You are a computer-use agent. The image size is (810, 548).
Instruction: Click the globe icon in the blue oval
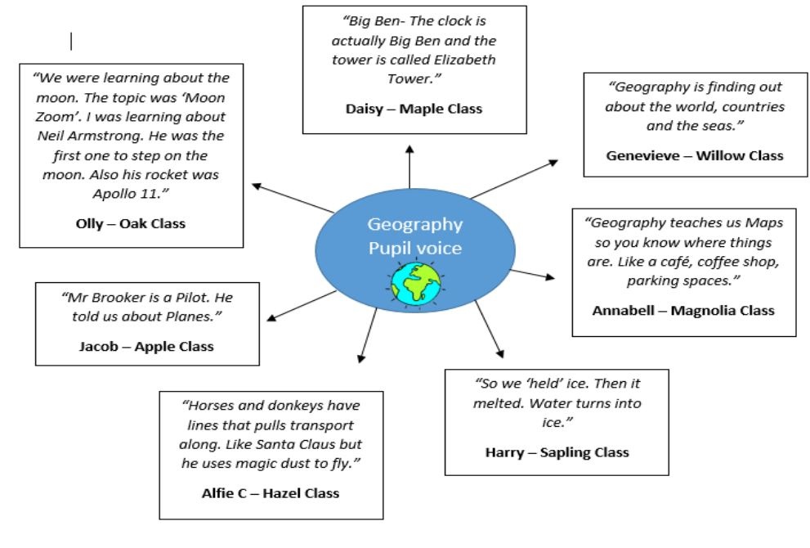tap(415, 283)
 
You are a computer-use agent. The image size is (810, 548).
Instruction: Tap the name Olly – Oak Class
tap(125, 223)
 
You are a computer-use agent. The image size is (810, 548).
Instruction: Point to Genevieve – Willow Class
tap(694, 155)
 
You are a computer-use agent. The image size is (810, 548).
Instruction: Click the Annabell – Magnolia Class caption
tap(682, 310)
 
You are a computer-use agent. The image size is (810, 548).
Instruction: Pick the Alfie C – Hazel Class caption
tap(270, 492)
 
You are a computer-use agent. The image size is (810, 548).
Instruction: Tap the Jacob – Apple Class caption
tap(146, 346)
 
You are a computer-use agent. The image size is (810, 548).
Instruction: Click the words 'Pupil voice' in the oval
tap(414, 247)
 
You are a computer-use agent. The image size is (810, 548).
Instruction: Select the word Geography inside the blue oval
tap(414, 224)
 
